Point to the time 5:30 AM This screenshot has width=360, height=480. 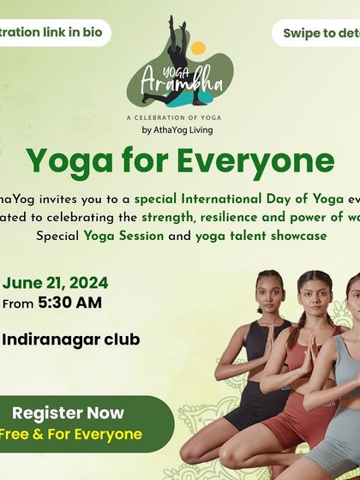[70, 303]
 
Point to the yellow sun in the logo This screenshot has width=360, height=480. [199, 49]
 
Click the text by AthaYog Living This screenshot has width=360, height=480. [177, 130]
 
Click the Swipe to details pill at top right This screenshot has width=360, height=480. [317, 33]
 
